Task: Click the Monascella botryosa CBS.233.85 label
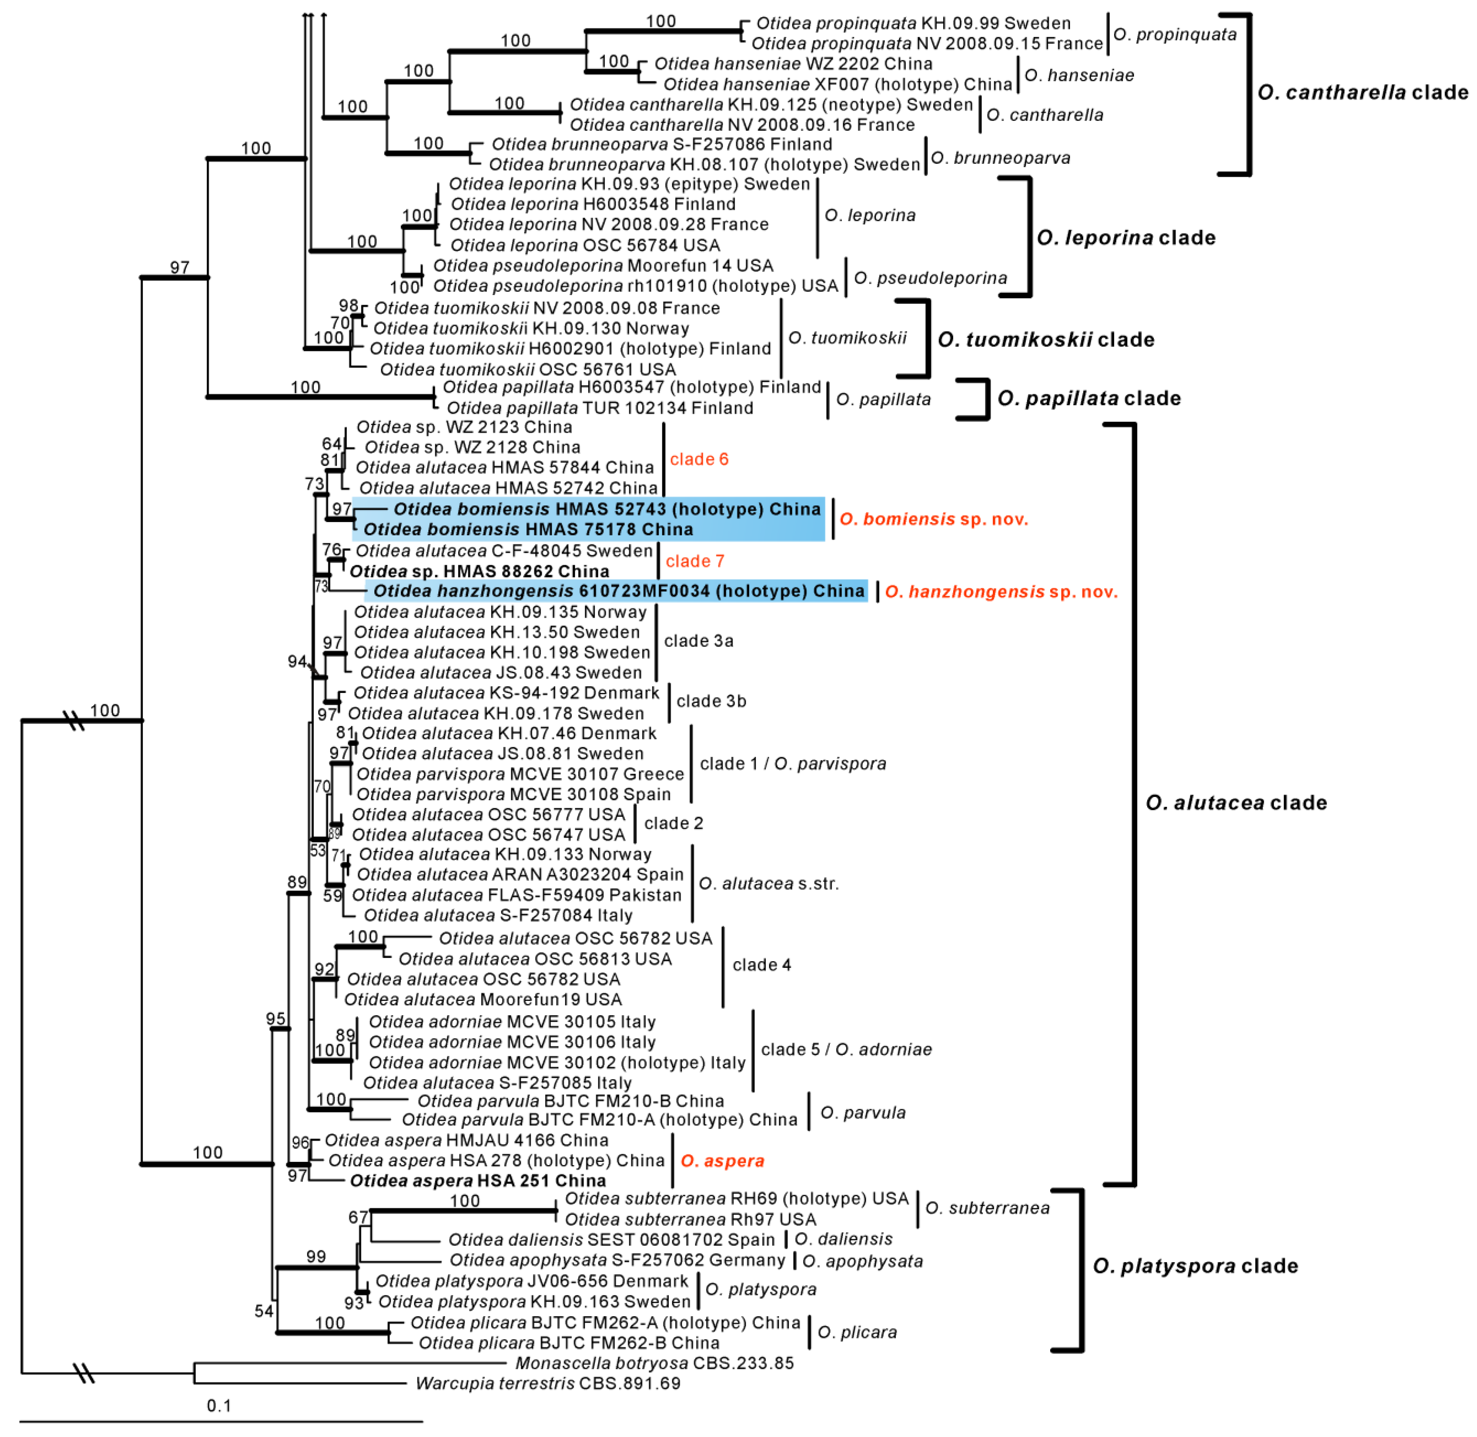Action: (x=654, y=1363)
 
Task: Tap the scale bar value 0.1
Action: (x=219, y=1405)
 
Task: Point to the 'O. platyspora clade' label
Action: (x=1195, y=1266)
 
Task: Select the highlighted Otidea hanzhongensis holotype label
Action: (x=619, y=591)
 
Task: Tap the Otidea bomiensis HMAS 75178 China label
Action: (x=528, y=529)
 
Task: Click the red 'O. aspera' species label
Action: (x=722, y=1161)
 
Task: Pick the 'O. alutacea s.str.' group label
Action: (x=768, y=883)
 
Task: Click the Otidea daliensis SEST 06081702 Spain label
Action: (x=611, y=1239)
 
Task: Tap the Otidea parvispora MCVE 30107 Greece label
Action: (x=520, y=773)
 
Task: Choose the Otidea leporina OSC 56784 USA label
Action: (x=585, y=245)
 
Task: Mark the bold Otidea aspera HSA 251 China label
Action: (x=478, y=1181)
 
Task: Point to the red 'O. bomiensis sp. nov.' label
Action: (x=933, y=519)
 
